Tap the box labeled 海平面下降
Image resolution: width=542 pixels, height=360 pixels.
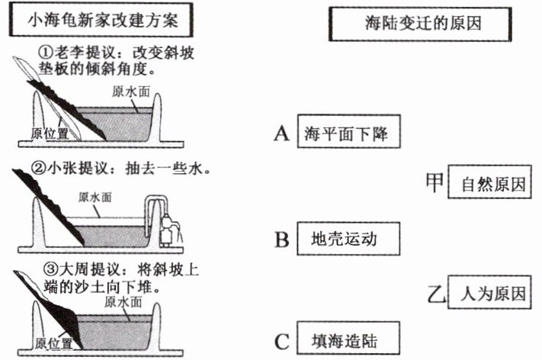347,134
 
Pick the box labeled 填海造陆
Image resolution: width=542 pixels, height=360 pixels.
346,341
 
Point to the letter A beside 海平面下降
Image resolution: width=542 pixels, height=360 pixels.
281,135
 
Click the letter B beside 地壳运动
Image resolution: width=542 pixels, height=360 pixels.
281,239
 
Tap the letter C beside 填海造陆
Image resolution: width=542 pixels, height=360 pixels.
281,342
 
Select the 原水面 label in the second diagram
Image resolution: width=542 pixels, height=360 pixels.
97,196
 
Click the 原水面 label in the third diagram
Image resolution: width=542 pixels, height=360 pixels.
120,301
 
